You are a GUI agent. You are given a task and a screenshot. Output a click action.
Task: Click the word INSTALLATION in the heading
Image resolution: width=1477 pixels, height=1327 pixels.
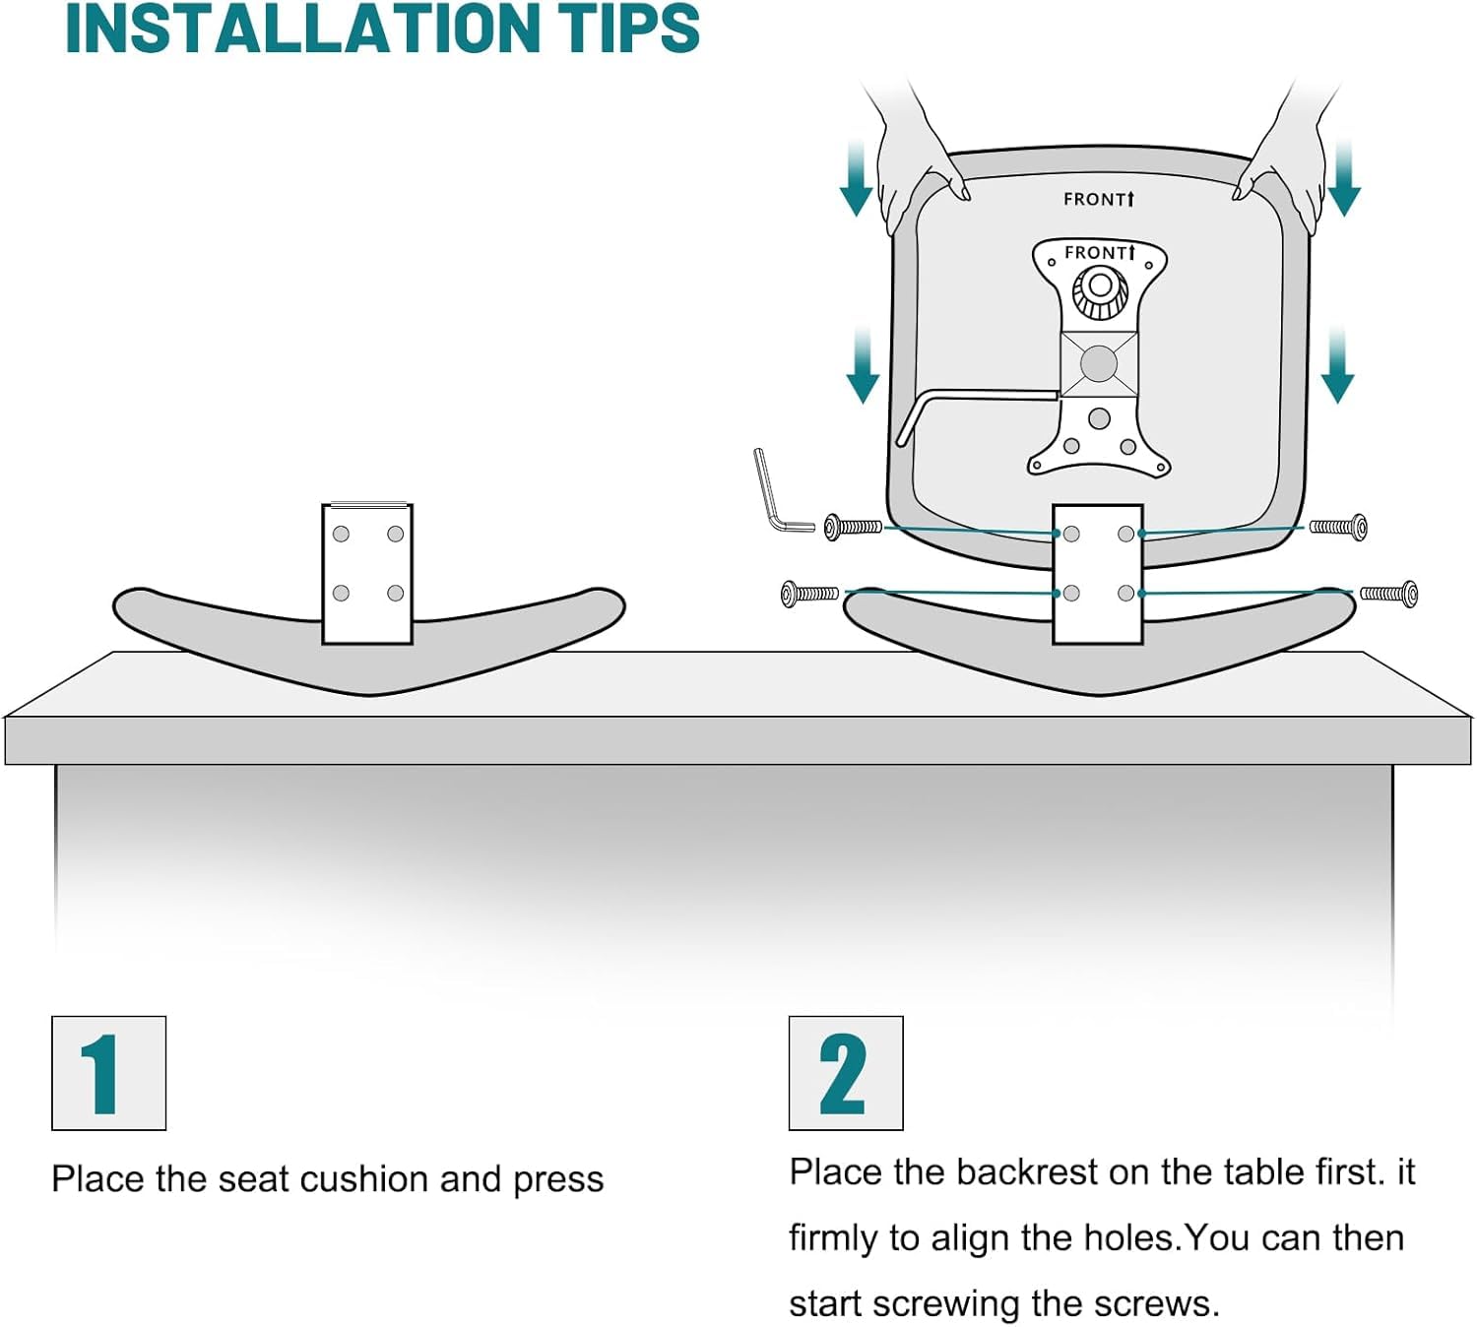(302, 29)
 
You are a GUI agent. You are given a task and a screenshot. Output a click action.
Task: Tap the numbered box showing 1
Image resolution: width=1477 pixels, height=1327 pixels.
(109, 1073)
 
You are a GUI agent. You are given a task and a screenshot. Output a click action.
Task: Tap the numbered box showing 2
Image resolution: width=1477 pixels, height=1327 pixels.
(846, 1073)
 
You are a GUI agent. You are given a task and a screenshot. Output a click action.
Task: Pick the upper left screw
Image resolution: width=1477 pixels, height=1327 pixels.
(853, 527)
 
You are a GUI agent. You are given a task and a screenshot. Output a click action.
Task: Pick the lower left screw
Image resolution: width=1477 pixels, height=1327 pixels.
(809, 593)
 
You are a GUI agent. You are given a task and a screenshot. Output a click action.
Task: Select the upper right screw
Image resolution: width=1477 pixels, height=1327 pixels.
(1338, 527)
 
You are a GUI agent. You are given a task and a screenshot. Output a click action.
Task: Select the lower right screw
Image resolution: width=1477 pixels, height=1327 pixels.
(1388, 594)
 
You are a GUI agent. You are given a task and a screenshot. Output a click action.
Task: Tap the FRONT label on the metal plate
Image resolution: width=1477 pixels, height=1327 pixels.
(1099, 253)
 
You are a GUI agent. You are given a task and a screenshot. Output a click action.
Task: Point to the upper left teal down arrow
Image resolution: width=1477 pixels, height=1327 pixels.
(857, 179)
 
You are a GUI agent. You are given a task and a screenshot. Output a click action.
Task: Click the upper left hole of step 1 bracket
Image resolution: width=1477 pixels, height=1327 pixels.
(341, 534)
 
